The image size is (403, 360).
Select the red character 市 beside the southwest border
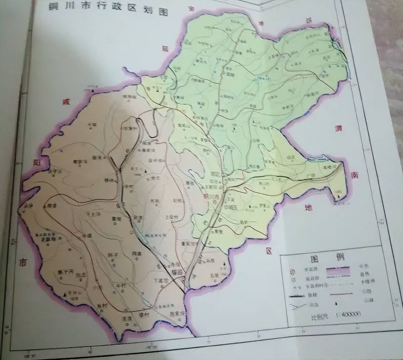(x=22, y=262)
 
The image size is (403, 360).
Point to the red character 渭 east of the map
(x=338, y=128)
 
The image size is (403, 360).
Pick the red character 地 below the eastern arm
(x=309, y=206)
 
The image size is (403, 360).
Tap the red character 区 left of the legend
(x=269, y=251)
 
